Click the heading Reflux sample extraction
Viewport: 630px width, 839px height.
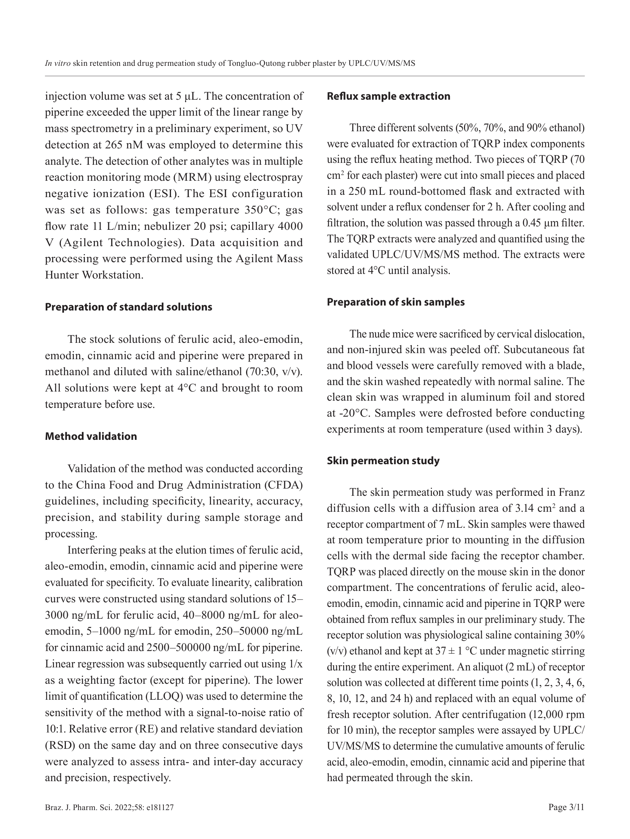point(388,96)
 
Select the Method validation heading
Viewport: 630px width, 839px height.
point(91,436)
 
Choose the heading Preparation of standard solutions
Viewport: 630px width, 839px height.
point(128,307)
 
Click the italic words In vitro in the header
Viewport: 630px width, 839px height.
point(58,64)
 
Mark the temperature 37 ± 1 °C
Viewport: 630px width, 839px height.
point(454,651)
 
